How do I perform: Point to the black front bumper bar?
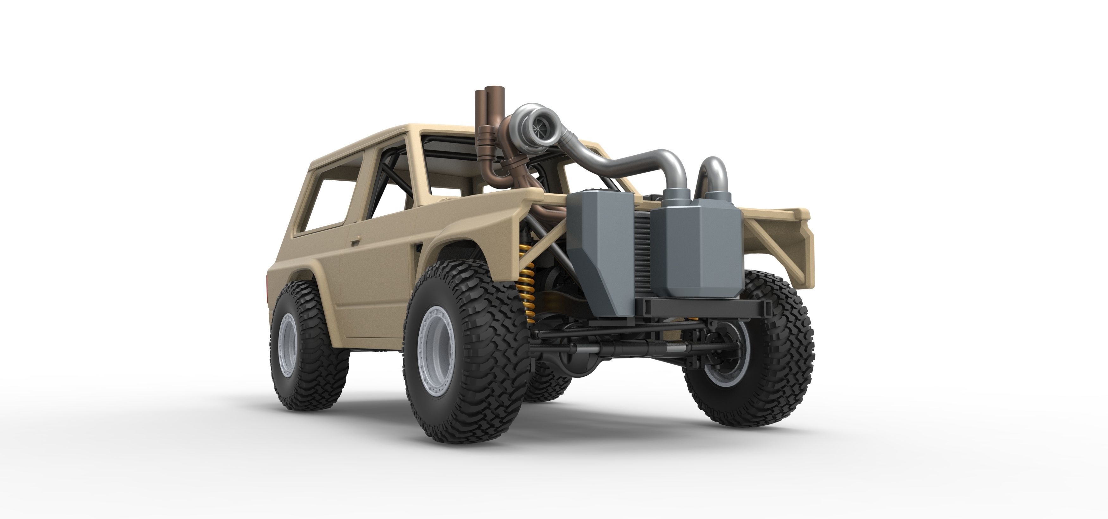click(705, 306)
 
